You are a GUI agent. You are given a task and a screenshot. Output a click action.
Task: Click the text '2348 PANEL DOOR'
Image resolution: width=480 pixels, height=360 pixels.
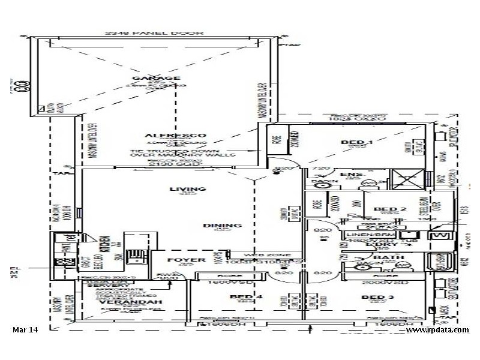pos(155,34)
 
